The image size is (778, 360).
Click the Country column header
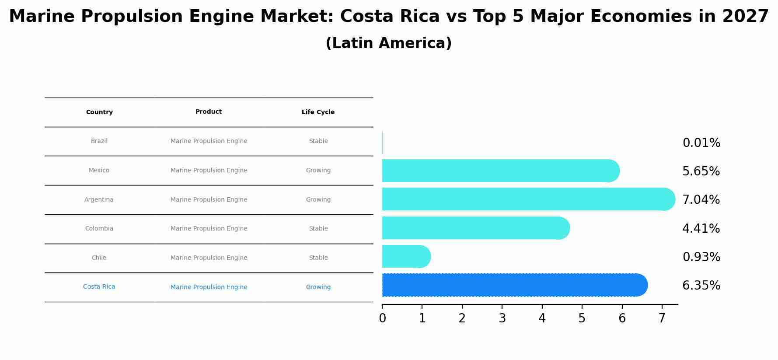click(99, 112)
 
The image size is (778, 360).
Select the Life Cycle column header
click(318, 112)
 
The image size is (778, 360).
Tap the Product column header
click(209, 112)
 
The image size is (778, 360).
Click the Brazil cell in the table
click(99, 141)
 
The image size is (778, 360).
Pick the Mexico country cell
click(99, 171)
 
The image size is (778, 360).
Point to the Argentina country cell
click(99, 200)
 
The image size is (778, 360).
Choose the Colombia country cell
click(99, 229)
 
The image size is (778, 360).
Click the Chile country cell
click(99, 258)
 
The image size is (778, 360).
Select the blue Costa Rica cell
click(99, 287)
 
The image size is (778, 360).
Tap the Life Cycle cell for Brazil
click(318, 141)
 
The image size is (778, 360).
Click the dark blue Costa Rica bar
click(512, 285)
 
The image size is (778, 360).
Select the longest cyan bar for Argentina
click(525, 199)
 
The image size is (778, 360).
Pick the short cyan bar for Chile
click(405, 257)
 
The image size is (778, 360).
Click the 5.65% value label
click(701, 171)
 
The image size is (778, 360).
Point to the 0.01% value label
click(701, 143)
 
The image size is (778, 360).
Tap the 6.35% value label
click(701, 286)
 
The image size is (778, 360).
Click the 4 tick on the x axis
click(542, 318)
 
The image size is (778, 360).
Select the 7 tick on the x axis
click(662, 318)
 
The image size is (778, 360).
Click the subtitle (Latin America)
click(389, 43)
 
